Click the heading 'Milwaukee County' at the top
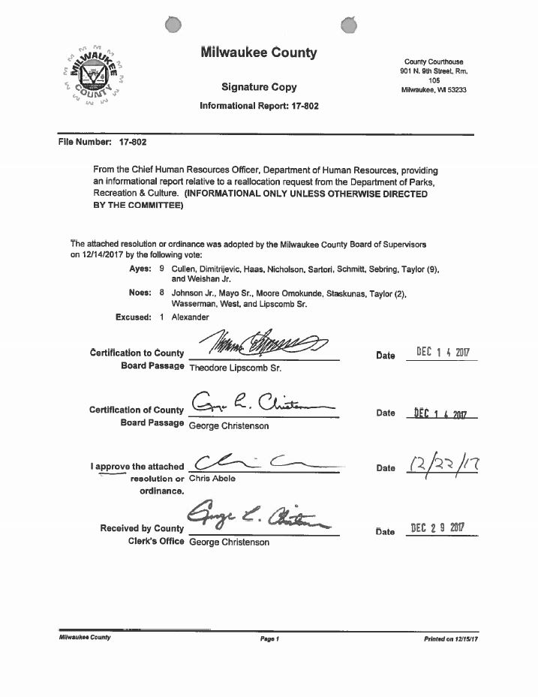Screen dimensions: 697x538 (x=259, y=53)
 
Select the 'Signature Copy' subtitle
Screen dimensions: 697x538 (x=259, y=87)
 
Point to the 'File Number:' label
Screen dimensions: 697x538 (x=85, y=142)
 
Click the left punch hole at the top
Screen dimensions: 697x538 (x=173, y=26)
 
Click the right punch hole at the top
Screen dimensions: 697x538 (x=349, y=26)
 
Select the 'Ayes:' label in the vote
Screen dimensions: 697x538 (x=141, y=269)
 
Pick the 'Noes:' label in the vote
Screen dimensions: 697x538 (x=140, y=293)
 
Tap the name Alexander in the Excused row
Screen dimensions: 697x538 (x=191, y=317)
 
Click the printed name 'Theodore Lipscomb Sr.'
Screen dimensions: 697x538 (x=235, y=368)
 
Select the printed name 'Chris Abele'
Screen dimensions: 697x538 (x=212, y=478)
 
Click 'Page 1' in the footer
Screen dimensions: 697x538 (x=269, y=638)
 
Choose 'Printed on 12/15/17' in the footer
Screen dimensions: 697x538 (x=451, y=638)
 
